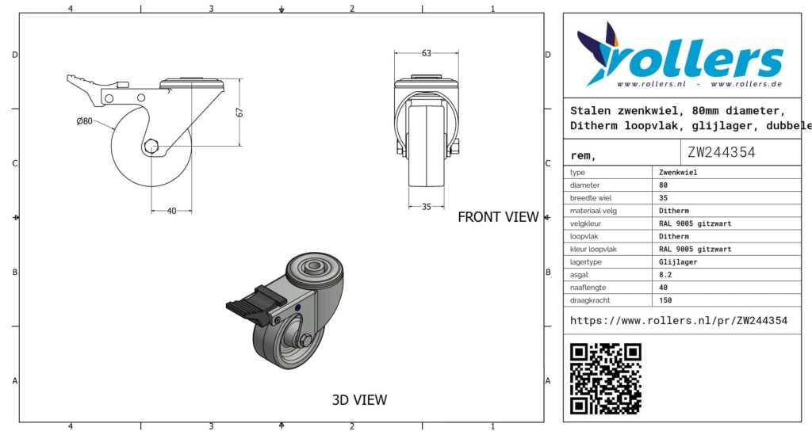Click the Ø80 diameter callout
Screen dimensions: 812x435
(84, 121)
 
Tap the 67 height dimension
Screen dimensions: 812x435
(239, 113)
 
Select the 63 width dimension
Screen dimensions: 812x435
(426, 53)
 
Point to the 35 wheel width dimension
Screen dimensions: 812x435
(426, 206)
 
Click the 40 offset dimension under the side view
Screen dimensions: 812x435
(171, 211)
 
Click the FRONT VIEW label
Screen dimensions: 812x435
(498, 217)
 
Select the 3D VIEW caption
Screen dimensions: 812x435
(359, 400)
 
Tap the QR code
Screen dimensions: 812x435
(605, 379)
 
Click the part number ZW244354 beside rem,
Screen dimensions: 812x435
(722, 152)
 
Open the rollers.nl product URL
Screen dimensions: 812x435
(679, 321)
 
